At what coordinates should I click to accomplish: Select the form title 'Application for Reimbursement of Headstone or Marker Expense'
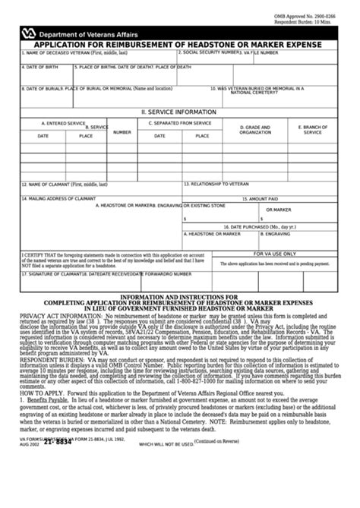pyautogui.click(x=179, y=45)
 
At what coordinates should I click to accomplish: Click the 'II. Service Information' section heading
pyautogui.click(x=178, y=112)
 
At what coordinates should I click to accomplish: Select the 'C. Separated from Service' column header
pyautogui.click(x=180, y=121)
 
